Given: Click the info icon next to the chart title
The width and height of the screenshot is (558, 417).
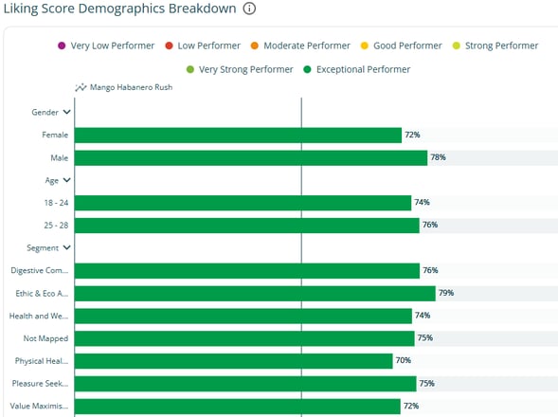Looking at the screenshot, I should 250,9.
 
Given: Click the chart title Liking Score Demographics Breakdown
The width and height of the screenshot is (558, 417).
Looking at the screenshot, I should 118,9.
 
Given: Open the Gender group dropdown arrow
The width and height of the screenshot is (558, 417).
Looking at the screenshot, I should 66,112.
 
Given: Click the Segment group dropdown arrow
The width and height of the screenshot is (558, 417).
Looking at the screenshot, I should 66,248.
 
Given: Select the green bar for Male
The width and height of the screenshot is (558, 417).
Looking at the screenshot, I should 250,157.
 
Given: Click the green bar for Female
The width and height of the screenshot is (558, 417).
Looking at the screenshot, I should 238,135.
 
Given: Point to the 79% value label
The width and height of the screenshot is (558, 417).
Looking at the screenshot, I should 446,293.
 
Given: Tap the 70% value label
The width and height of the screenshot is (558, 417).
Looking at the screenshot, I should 403,361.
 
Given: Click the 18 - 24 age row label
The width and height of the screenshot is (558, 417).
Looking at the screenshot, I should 54,203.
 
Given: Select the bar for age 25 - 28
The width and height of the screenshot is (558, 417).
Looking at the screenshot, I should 246,226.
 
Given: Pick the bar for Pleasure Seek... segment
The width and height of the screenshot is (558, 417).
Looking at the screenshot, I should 244,384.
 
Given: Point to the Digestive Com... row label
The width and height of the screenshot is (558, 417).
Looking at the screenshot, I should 40,271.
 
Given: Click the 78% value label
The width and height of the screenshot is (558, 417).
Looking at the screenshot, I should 438,157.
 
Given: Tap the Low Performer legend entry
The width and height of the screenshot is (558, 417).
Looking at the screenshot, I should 202,45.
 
